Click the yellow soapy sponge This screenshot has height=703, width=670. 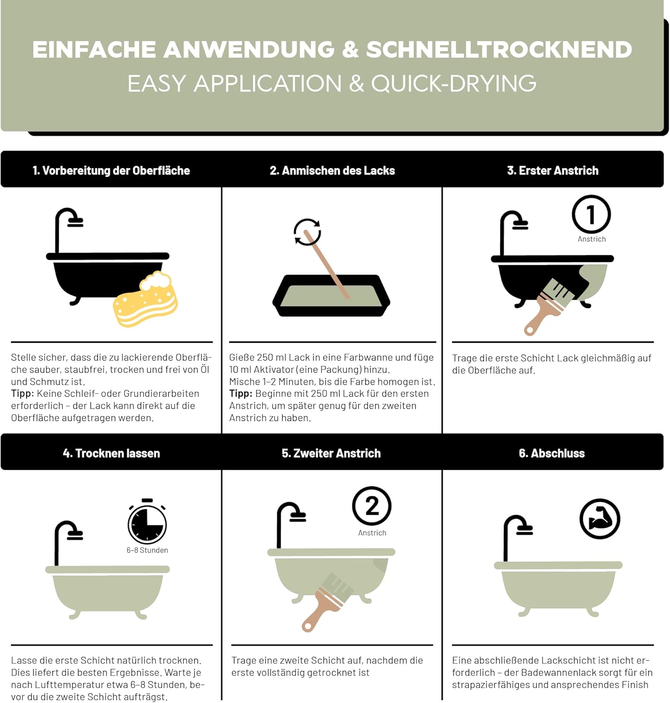[x=146, y=300]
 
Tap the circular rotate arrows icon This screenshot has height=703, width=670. [x=307, y=232]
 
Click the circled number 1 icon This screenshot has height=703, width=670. [x=591, y=215]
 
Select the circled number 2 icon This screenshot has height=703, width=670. [x=372, y=506]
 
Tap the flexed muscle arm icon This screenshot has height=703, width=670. [x=600, y=519]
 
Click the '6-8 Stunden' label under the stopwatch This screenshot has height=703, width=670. [x=147, y=550]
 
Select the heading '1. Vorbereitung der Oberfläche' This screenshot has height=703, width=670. [x=111, y=171]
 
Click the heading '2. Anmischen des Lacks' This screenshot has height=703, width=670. [x=332, y=171]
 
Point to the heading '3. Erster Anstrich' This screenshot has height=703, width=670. [x=552, y=171]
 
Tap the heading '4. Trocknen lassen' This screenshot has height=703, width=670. [x=111, y=453]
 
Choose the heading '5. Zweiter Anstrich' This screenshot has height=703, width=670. [x=331, y=453]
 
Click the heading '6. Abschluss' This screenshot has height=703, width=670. [x=551, y=453]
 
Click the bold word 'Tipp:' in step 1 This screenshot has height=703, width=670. [x=22, y=394]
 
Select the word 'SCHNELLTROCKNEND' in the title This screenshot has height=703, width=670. [x=499, y=50]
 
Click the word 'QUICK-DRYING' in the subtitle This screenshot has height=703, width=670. [x=454, y=84]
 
